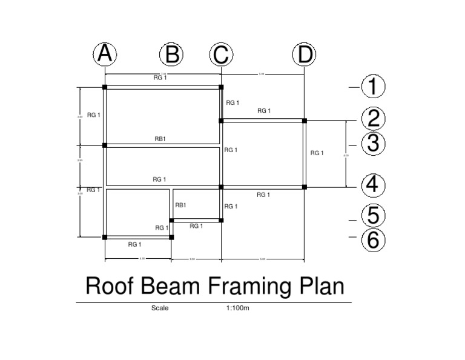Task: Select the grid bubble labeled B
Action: click(171, 55)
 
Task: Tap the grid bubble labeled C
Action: click(221, 55)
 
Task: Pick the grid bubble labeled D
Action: click(304, 55)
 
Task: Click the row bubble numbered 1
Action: click(372, 87)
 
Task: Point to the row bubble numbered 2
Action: click(372, 118)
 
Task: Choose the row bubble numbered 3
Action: click(372, 144)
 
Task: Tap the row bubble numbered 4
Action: click(372, 184)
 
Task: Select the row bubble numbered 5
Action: click(372, 216)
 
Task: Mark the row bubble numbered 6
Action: click(372, 240)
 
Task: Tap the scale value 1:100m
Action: click(238, 308)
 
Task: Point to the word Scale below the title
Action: click(160, 308)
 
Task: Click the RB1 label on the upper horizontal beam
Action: click(160, 139)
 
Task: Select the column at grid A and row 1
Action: click(105, 87)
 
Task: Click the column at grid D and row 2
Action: click(304, 121)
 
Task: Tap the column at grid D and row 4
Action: click(304, 187)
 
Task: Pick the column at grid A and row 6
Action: click(105, 237)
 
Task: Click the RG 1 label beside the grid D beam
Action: click(317, 153)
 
